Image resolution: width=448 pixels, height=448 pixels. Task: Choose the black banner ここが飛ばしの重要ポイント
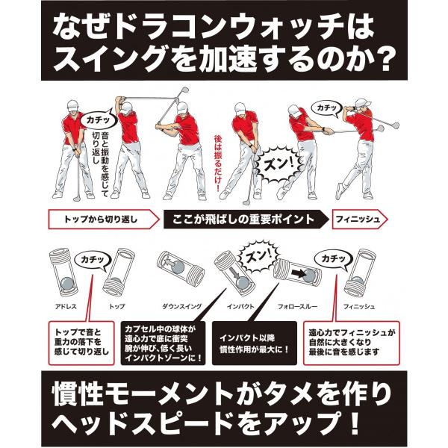click(243, 220)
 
